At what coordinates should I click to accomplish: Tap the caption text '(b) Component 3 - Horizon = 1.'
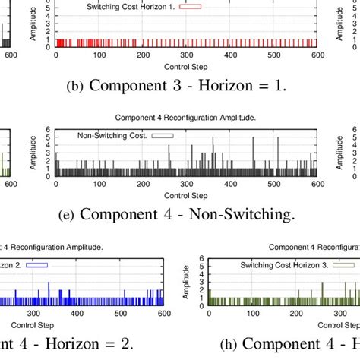click(x=177, y=86)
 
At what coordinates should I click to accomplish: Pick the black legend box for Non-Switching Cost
click(x=162, y=136)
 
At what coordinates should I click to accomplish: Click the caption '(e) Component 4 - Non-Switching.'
click(x=176, y=215)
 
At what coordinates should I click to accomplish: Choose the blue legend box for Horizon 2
click(x=37, y=265)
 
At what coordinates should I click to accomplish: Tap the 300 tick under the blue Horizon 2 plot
click(x=33, y=312)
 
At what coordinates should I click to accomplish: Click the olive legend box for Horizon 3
click(x=346, y=265)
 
